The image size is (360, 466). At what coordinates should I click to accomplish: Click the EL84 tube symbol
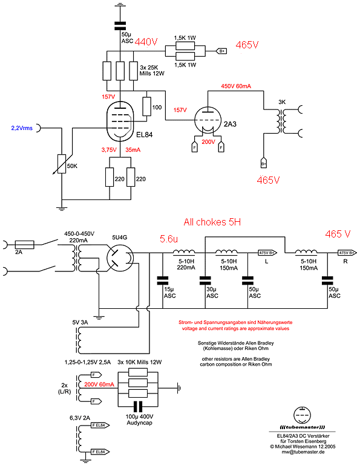(120, 121)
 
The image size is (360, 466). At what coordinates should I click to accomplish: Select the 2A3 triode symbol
(208, 120)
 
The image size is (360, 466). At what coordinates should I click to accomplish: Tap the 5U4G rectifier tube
(120, 257)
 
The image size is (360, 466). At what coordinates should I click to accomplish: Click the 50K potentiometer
(62, 164)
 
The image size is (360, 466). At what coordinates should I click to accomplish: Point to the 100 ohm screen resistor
(146, 106)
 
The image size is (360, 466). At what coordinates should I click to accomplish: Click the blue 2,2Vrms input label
(22, 128)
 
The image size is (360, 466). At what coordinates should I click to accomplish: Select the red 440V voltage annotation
(146, 42)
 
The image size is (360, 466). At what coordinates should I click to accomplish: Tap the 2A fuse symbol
(25, 245)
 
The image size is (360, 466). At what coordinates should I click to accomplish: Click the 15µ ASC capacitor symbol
(163, 280)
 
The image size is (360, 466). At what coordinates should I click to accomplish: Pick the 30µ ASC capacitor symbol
(205, 280)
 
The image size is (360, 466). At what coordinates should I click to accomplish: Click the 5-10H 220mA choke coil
(184, 252)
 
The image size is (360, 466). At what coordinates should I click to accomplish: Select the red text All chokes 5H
(212, 222)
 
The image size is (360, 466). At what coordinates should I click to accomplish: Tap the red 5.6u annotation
(169, 239)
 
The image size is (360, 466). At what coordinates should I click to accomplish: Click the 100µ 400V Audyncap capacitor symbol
(138, 406)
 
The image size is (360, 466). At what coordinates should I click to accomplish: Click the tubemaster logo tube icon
(302, 415)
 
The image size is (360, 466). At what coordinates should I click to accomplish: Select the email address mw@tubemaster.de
(303, 452)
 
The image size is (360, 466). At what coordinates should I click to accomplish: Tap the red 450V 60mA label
(236, 86)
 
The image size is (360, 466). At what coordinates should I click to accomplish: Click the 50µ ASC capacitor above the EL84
(120, 25)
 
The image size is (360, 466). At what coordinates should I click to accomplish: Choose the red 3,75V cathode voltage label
(109, 150)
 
